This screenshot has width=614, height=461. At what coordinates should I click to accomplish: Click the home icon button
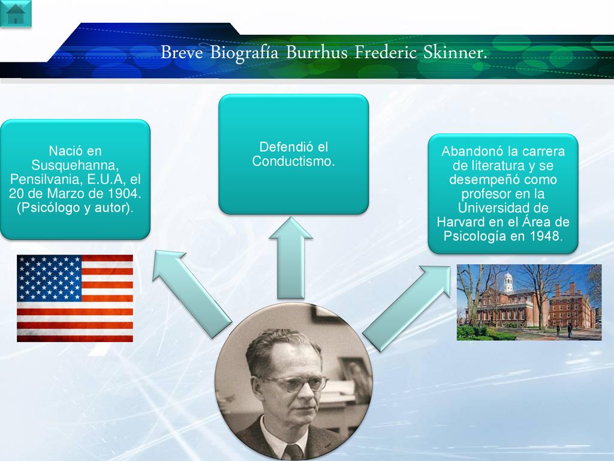[x=15, y=13]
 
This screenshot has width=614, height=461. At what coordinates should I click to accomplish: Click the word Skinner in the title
[x=455, y=52]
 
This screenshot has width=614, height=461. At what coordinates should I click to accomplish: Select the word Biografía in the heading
[x=244, y=53]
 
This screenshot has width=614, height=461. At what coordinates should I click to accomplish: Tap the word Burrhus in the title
[x=317, y=52]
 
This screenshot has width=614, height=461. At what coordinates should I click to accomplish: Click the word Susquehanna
[x=75, y=165]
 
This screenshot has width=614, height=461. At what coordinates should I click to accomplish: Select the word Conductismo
[x=293, y=161]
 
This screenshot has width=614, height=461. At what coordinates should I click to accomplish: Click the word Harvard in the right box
[x=461, y=222]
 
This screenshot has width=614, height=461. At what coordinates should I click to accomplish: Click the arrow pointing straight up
[x=291, y=258]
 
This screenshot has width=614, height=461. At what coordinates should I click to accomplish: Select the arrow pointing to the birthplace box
[x=191, y=294]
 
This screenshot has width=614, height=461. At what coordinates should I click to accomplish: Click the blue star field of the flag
[x=49, y=278]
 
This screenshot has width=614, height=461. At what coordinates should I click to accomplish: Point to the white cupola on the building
[x=508, y=282]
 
